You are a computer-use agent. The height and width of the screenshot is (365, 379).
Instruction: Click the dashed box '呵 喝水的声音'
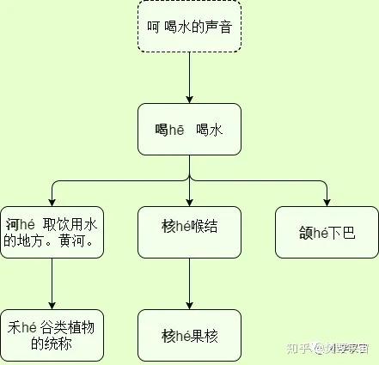189,27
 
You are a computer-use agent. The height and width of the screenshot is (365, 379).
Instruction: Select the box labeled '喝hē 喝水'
189,129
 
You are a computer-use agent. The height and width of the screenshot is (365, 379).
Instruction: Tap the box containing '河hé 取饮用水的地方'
52,232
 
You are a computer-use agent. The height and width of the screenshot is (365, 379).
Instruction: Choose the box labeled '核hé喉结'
189,232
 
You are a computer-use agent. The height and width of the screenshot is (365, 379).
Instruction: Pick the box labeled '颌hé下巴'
327,232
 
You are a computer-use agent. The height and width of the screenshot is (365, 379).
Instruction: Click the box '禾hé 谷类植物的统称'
52,335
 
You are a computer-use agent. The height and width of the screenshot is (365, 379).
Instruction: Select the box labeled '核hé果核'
189,335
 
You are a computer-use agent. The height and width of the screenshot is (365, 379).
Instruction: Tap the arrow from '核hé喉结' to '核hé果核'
189,283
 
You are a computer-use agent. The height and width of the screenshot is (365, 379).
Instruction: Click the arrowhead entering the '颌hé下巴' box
327,202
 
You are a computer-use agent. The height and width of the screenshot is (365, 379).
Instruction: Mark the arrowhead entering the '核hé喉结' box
189,202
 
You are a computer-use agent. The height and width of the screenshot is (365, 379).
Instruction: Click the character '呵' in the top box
152,27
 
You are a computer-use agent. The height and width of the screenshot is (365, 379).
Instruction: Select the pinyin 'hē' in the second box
175,130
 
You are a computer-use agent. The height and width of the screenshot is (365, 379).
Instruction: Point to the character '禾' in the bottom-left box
14,327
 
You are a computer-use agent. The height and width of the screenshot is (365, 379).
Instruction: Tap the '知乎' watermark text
296,348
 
